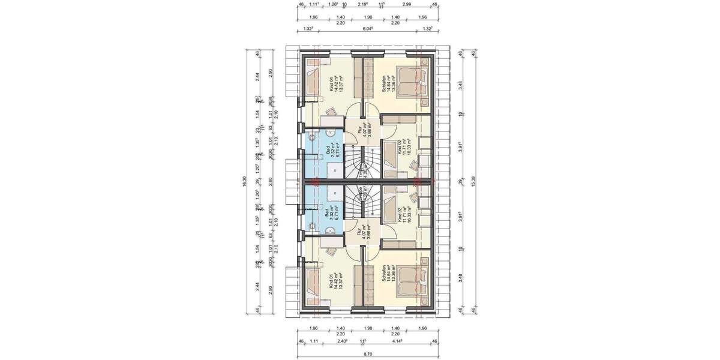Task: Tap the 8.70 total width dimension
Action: point(366,355)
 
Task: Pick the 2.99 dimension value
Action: point(407,5)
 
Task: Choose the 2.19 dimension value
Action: point(362,5)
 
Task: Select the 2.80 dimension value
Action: point(271,181)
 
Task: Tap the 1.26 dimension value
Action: point(334,5)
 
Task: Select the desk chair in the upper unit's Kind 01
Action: point(331,112)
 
